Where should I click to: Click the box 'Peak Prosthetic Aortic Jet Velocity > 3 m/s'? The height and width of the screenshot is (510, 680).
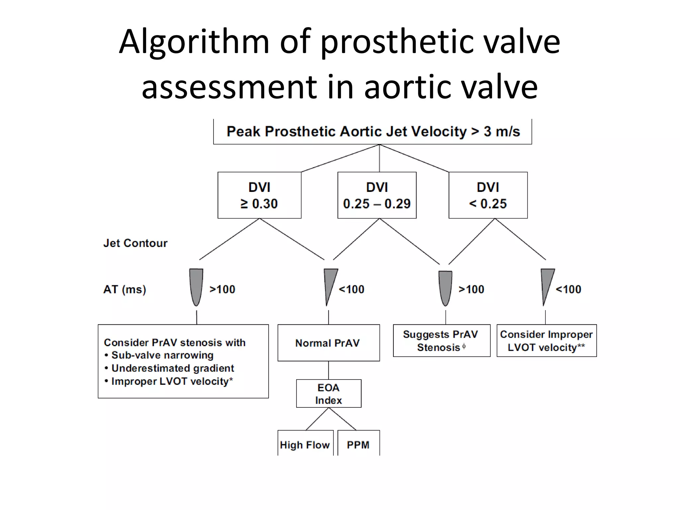coord(373,131)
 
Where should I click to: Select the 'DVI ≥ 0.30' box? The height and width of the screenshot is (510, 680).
coord(259,195)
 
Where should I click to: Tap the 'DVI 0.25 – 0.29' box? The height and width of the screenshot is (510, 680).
coord(377,195)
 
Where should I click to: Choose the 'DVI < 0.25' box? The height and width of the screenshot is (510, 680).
coord(488,195)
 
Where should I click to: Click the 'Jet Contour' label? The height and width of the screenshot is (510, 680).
coord(135,243)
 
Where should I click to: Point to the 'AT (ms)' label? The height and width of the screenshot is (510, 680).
coord(125,289)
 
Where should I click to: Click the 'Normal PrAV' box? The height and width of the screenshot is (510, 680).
coord(328,343)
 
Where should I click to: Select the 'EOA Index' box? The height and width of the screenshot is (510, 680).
coord(328,393)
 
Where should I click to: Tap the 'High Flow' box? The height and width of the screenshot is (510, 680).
coord(305,444)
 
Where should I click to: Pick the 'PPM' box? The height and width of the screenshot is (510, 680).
coord(358,444)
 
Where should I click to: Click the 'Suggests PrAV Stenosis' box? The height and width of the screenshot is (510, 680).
coord(441,341)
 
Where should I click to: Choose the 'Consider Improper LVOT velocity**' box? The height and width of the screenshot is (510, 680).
coord(547,341)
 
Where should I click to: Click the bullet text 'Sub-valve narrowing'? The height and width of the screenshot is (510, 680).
coord(162,355)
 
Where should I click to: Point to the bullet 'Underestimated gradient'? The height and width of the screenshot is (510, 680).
coord(173,368)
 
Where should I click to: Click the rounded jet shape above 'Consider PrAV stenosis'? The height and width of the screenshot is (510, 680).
coord(196,286)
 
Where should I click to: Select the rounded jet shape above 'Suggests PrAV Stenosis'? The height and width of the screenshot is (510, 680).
coord(445,287)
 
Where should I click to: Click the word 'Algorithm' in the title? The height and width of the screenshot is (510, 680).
coord(194,42)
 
